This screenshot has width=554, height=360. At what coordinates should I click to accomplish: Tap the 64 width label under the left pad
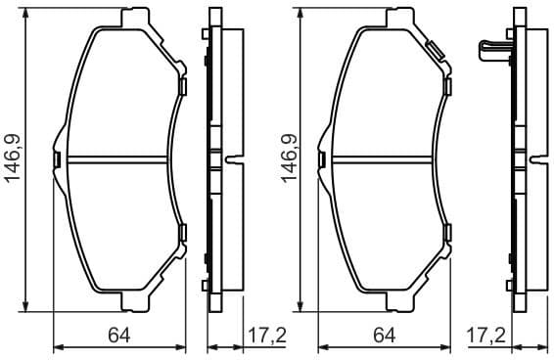pyautogui.click(x=119, y=336)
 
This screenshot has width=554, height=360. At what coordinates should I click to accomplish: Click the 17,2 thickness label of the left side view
pyautogui.click(x=265, y=336)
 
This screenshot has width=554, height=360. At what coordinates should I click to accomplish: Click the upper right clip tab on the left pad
pyautogui.click(x=183, y=87)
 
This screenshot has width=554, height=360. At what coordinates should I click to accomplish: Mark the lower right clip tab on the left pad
pyautogui.click(x=183, y=232)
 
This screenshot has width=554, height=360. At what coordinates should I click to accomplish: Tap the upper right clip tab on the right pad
pyautogui.click(x=448, y=87)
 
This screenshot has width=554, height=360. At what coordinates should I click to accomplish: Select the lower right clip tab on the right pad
pyautogui.click(x=448, y=232)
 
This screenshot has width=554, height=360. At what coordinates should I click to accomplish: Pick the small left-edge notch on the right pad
pyautogui.click(x=327, y=159)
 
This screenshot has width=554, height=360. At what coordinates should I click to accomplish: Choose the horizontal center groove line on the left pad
pyautogui.click(x=119, y=159)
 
